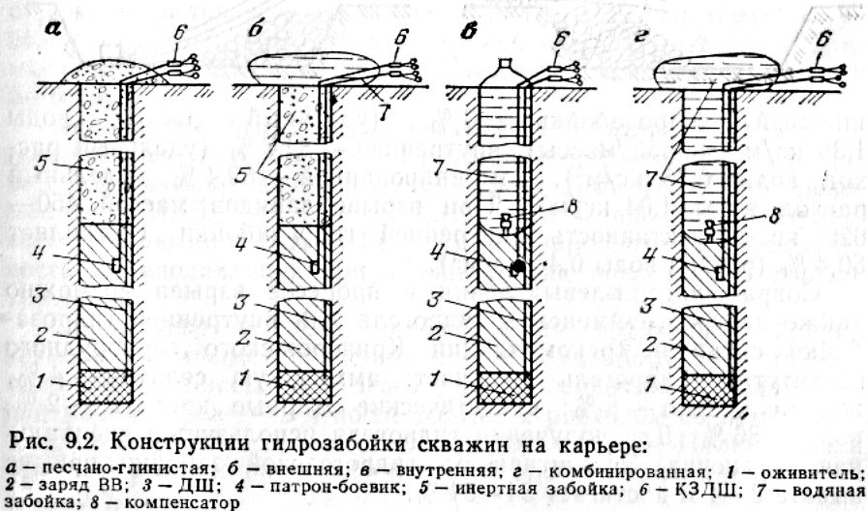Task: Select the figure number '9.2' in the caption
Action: coord(78,447)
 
